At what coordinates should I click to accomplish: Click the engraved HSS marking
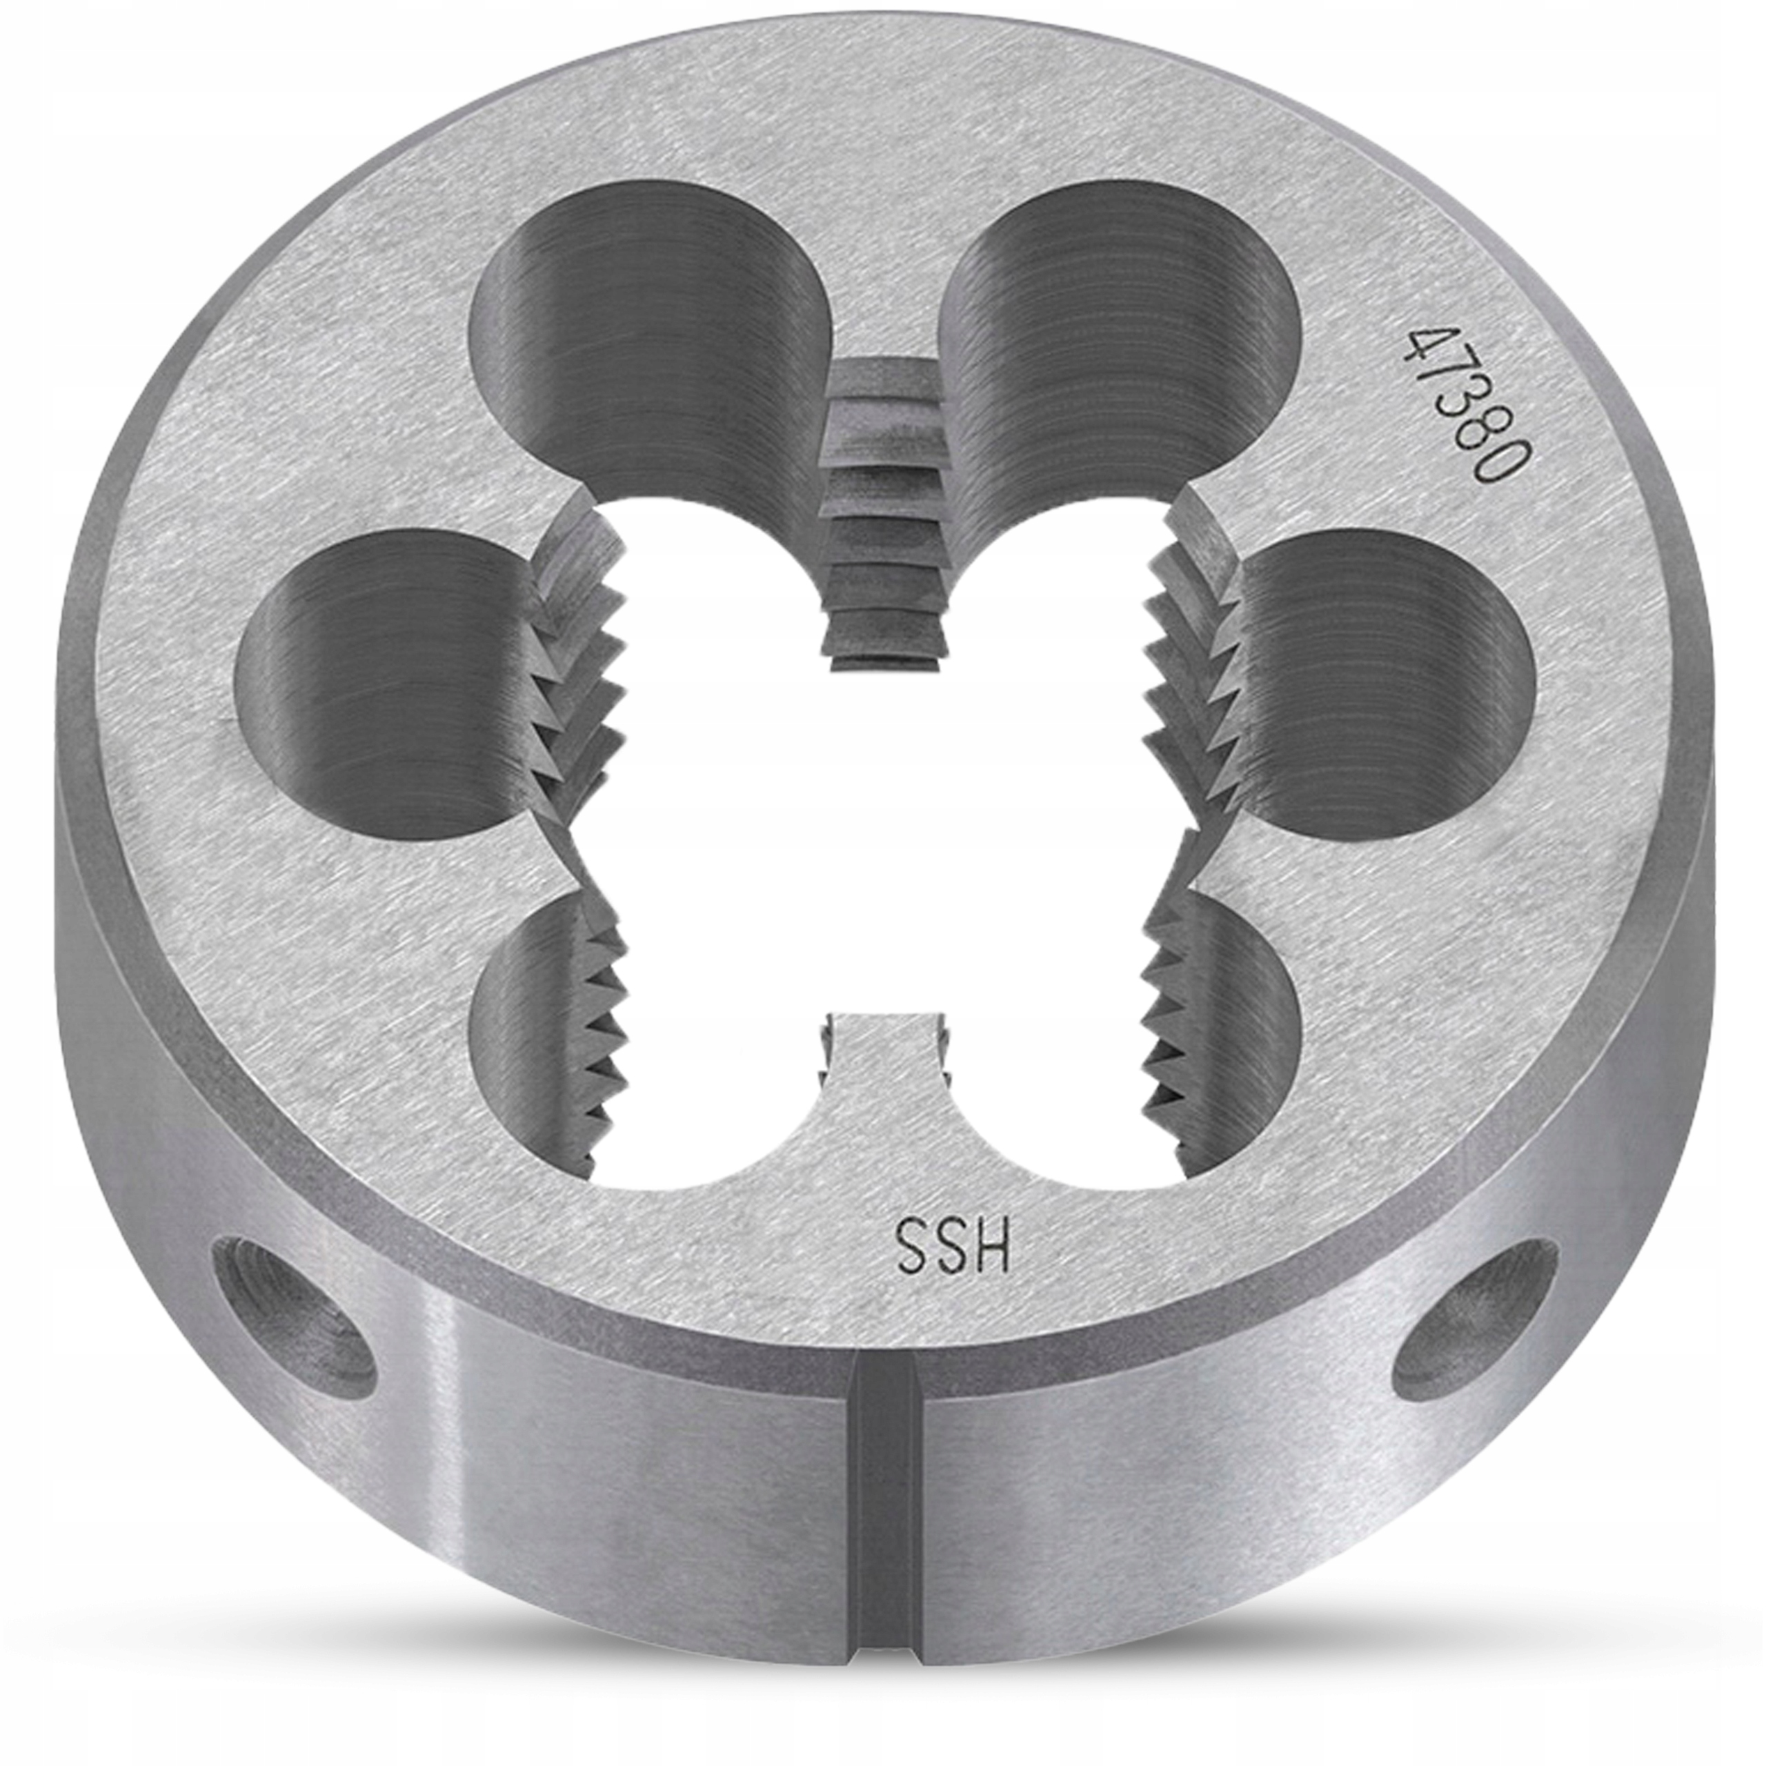tap(953, 1246)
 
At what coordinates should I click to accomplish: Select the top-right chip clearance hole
tap(1124, 338)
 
